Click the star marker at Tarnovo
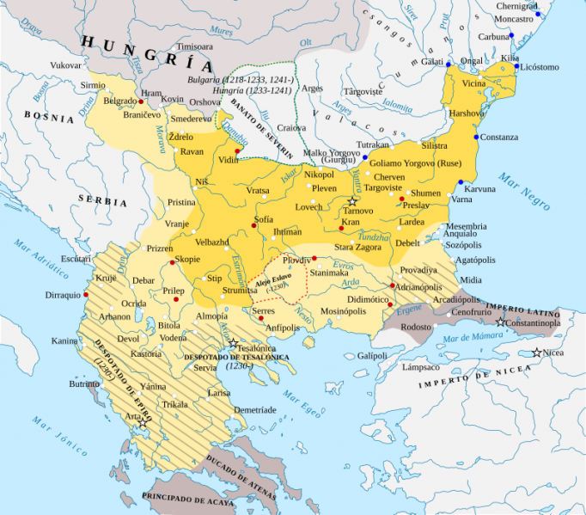[351, 200]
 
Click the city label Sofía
[264, 220]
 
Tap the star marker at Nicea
[536, 353]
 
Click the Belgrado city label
[119, 101]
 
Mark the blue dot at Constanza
[473, 138]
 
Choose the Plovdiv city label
[296, 259]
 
